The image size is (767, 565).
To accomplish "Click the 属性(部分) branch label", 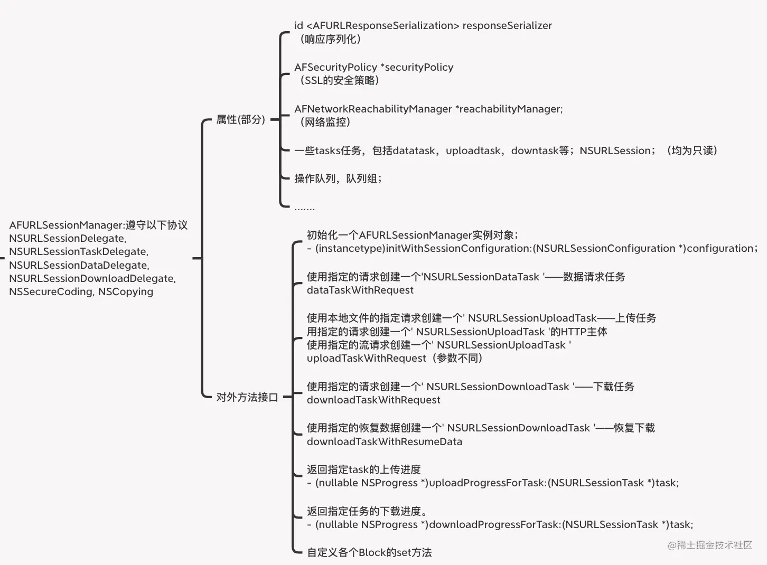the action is click(241, 119).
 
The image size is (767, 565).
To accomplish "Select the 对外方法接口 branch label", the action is click(247, 397).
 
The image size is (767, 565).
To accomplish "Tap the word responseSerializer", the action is click(507, 26).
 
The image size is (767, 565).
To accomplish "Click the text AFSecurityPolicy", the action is click(335, 68).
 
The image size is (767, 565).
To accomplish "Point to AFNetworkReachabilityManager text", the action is click(373, 109).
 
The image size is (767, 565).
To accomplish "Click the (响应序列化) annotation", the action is click(330, 39).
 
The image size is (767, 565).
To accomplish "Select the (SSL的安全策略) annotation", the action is click(339, 80).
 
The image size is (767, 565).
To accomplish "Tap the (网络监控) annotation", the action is click(325, 122).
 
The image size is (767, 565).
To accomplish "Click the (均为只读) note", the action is click(692, 150).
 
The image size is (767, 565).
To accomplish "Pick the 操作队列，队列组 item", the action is click(338, 178).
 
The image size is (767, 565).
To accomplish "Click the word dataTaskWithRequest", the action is click(360, 290).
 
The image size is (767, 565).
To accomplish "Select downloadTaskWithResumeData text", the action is click(384, 441).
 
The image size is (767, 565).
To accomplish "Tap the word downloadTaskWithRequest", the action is click(373, 400).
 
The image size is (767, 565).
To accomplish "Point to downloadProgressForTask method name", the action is click(495, 525).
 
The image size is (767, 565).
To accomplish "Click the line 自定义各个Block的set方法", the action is click(369, 552).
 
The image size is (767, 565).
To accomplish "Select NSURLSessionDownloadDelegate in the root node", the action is click(92, 279).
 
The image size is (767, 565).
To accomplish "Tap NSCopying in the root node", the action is click(125, 292).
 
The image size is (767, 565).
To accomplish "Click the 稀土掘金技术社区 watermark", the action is click(710, 545).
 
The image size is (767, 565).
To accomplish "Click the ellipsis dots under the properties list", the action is click(304, 209).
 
